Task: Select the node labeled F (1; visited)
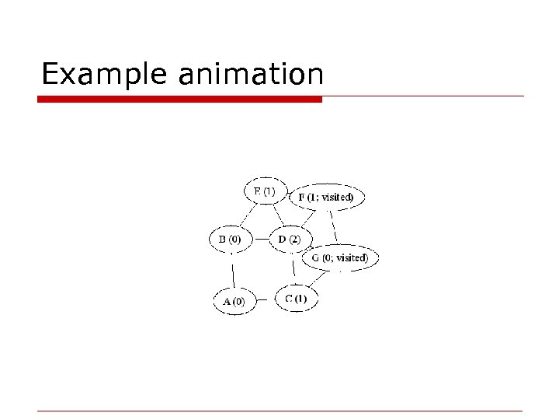coord(325,198)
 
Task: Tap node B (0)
coord(231,239)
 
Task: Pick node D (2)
coord(290,239)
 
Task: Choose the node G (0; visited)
coord(340,257)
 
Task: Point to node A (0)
coord(234,301)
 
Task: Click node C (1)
coord(296,299)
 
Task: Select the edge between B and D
coord(260,240)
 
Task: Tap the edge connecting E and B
coord(247,215)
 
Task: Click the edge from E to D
coord(277,215)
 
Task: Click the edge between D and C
coord(293,268)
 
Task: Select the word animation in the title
coord(251,75)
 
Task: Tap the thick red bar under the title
coord(179,100)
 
